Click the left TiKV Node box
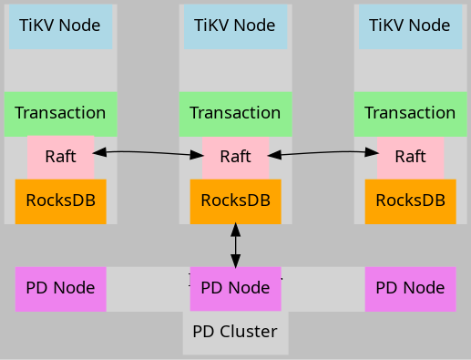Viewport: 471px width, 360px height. [61, 26]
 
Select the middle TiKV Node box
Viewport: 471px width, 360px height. [236, 26]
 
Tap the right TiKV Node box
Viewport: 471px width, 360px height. [411, 26]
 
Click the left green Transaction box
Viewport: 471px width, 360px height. [61, 113]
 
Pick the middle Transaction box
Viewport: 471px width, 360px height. [236, 113]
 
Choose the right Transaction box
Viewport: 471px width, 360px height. [411, 113]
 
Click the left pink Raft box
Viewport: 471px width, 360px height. [61, 157]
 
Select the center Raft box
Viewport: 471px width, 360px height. [236, 157]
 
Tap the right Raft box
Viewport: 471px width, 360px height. [411, 157]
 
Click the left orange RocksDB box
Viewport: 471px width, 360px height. [61, 201]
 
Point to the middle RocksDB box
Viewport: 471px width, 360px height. [236, 201]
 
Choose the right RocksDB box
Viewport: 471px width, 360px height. [411, 201]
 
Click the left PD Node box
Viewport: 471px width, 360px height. [61, 289]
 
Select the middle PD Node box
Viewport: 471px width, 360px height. [236, 289]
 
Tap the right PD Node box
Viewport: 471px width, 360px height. [411, 289]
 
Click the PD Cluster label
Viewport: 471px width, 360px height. [236, 332]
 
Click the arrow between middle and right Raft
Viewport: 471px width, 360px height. [323, 152]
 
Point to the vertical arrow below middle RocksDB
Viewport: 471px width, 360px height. [236, 245]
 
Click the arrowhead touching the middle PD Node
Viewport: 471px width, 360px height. [236, 261]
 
